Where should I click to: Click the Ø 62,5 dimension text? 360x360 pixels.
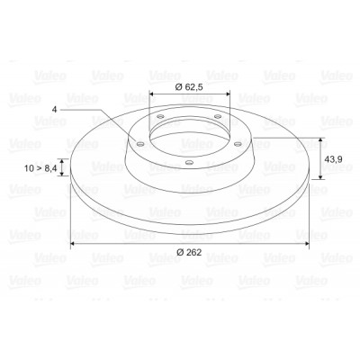pyautogui.click(x=189, y=87)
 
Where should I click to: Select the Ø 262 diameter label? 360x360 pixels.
pyautogui.click(x=189, y=252)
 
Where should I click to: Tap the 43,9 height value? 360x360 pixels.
pyautogui.click(x=334, y=159)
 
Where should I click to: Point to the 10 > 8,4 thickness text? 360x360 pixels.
pyautogui.click(x=40, y=168)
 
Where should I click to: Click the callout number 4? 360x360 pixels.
pyautogui.click(x=54, y=110)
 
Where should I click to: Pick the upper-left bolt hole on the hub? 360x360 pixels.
pyautogui.click(x=161, y=116)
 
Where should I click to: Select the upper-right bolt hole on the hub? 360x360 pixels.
pyautogui.click(x=218, y=116)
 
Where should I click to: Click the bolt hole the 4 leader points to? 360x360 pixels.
pyautogui.click(x=139, y=144)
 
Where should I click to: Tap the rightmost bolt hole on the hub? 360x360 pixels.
pyautogui.click(x=238, y=144)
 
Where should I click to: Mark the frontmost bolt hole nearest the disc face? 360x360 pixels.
pyautogui.click(x=189, y=163)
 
